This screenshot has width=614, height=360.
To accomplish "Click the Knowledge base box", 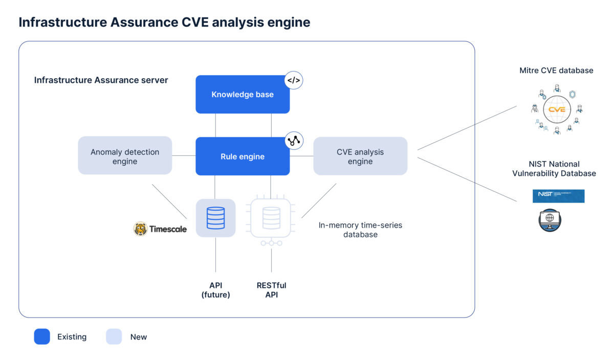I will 243,95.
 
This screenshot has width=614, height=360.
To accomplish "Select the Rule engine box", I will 243,156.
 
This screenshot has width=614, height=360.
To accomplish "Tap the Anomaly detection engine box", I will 125,156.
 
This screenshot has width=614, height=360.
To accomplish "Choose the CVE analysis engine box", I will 360,156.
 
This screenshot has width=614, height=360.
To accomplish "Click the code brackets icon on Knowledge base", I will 294,80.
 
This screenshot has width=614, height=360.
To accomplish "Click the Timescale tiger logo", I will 140,229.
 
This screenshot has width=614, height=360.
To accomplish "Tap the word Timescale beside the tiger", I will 168,229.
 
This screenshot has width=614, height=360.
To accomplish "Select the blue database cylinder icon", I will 215,218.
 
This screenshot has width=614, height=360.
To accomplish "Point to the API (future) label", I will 215,290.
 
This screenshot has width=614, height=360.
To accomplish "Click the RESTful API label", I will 271,290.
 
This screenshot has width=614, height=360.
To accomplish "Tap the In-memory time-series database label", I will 360,230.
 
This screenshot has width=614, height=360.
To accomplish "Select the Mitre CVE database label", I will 556,71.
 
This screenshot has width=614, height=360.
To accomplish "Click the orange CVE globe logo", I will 556,109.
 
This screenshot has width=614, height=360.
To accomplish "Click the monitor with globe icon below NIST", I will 550,219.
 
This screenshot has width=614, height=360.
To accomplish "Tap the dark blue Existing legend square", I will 42,336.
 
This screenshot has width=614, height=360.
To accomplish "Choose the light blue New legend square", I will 114,336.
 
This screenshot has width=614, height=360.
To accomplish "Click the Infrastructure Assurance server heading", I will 101,80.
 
